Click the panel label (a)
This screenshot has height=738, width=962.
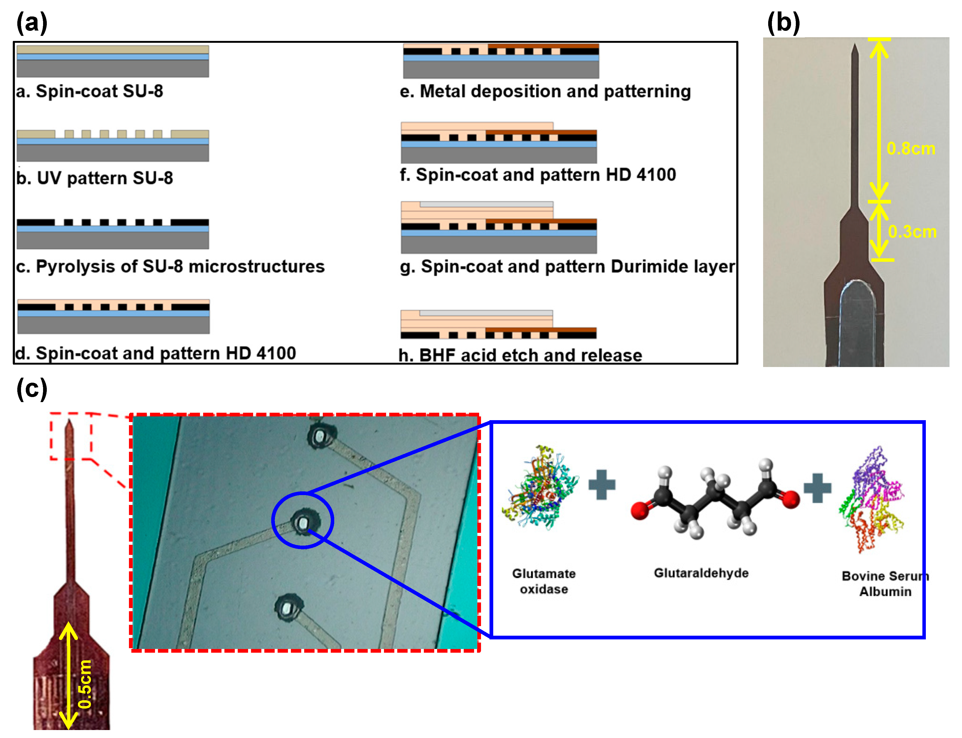32,23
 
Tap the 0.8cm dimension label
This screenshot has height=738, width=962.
911,149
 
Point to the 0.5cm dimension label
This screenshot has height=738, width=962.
85,684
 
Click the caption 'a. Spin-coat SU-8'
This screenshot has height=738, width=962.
90,91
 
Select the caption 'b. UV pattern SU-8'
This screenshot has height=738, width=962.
94,178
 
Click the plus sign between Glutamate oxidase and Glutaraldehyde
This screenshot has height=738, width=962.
602,484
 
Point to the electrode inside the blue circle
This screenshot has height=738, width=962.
302,522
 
